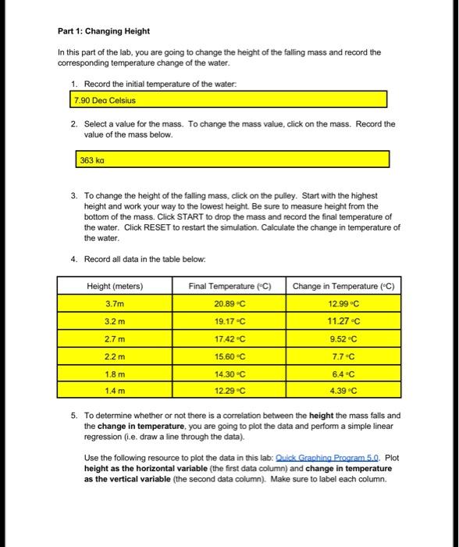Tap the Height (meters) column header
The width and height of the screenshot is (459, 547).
coord(115,286)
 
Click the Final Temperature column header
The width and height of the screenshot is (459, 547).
coord(229,286)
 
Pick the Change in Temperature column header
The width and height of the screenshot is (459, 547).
coord(343,286)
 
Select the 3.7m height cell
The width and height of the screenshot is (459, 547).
coord(115,304)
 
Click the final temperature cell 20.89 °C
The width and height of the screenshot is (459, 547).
coord(229,304)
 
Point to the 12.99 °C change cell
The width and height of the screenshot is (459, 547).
coord(343,304)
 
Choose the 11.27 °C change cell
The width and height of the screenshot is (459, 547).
coord(343,321)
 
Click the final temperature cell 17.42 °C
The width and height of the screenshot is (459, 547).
coord(229,338)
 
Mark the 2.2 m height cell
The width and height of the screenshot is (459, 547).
coord(115,356)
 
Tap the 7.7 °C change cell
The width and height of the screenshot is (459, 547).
coord(343,356)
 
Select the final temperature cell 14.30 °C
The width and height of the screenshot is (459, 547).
coord(229,374)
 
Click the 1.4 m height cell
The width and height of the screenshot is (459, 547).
coord(115,390)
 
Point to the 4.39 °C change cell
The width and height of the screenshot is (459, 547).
coord(343,390)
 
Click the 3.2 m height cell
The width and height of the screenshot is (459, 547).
coord(115,321)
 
